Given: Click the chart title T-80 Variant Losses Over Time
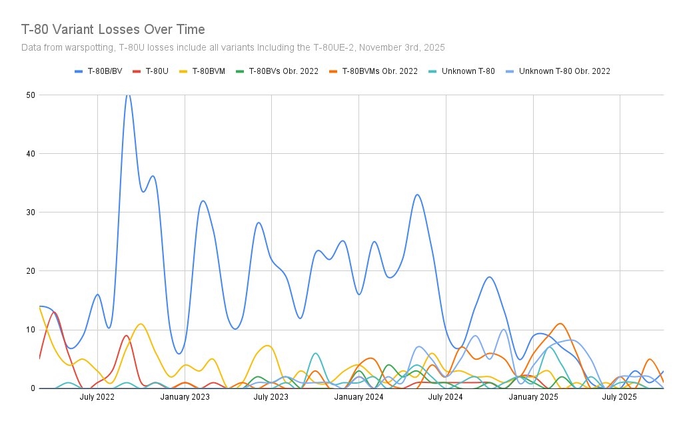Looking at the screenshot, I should point(113,29).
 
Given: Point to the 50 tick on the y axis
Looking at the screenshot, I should point(31,95).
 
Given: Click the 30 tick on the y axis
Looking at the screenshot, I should point(31,212).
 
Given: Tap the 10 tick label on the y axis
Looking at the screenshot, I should point(31,329).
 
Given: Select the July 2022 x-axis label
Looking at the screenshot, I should point(97,397).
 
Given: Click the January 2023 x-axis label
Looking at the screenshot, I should point(185,397).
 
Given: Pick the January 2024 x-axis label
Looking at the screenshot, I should point(359,397).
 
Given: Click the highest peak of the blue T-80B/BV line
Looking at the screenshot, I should point(128,95).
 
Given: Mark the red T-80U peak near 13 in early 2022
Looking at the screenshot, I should point(55,312).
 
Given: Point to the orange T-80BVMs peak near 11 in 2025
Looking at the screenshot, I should point(560,324).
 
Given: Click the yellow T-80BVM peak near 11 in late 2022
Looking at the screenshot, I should point(141,324).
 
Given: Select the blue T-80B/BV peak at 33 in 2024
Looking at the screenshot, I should point(417,195).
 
